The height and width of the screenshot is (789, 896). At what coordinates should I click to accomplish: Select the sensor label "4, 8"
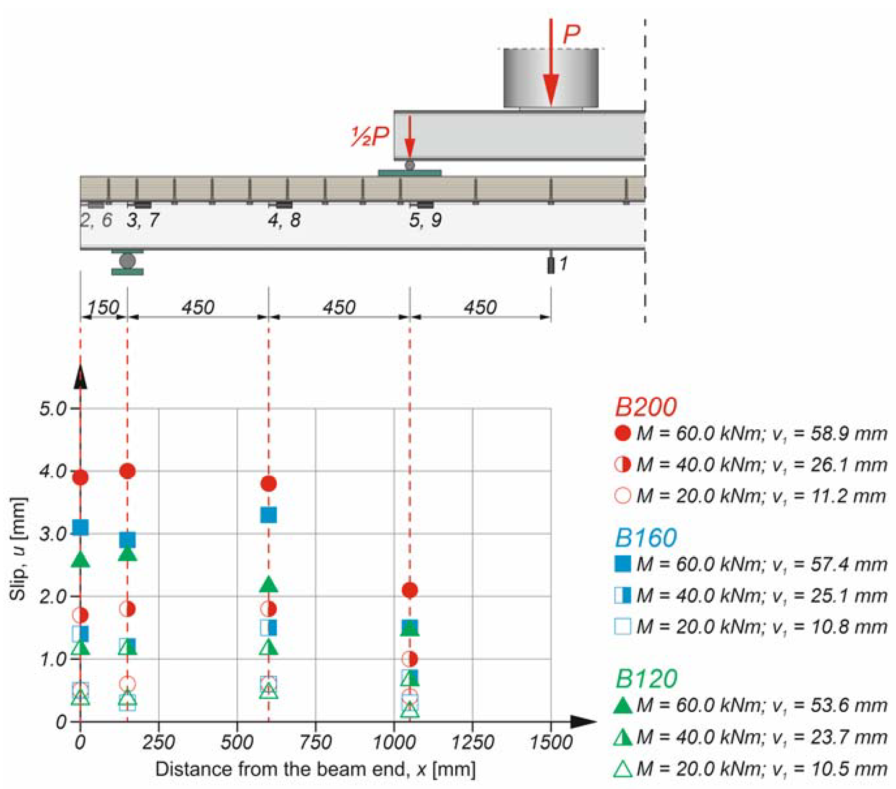[284, 220]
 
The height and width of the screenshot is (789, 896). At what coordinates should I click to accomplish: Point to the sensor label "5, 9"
[425, 220]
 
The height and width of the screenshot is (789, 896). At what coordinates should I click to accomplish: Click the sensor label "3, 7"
[143, 220]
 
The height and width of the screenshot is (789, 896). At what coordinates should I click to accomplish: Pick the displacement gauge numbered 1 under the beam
[551, 265]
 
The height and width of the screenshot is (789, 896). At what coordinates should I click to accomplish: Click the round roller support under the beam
[127, 261]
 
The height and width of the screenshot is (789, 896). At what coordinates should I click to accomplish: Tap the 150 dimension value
[103, 308]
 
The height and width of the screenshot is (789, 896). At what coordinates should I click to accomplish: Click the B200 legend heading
[646, 407]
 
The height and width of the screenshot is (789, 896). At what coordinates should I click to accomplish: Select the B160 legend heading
[646, 538]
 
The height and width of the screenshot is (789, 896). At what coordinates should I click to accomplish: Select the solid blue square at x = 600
[268, 515]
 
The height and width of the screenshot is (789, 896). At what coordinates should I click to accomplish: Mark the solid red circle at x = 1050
[409, 590]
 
